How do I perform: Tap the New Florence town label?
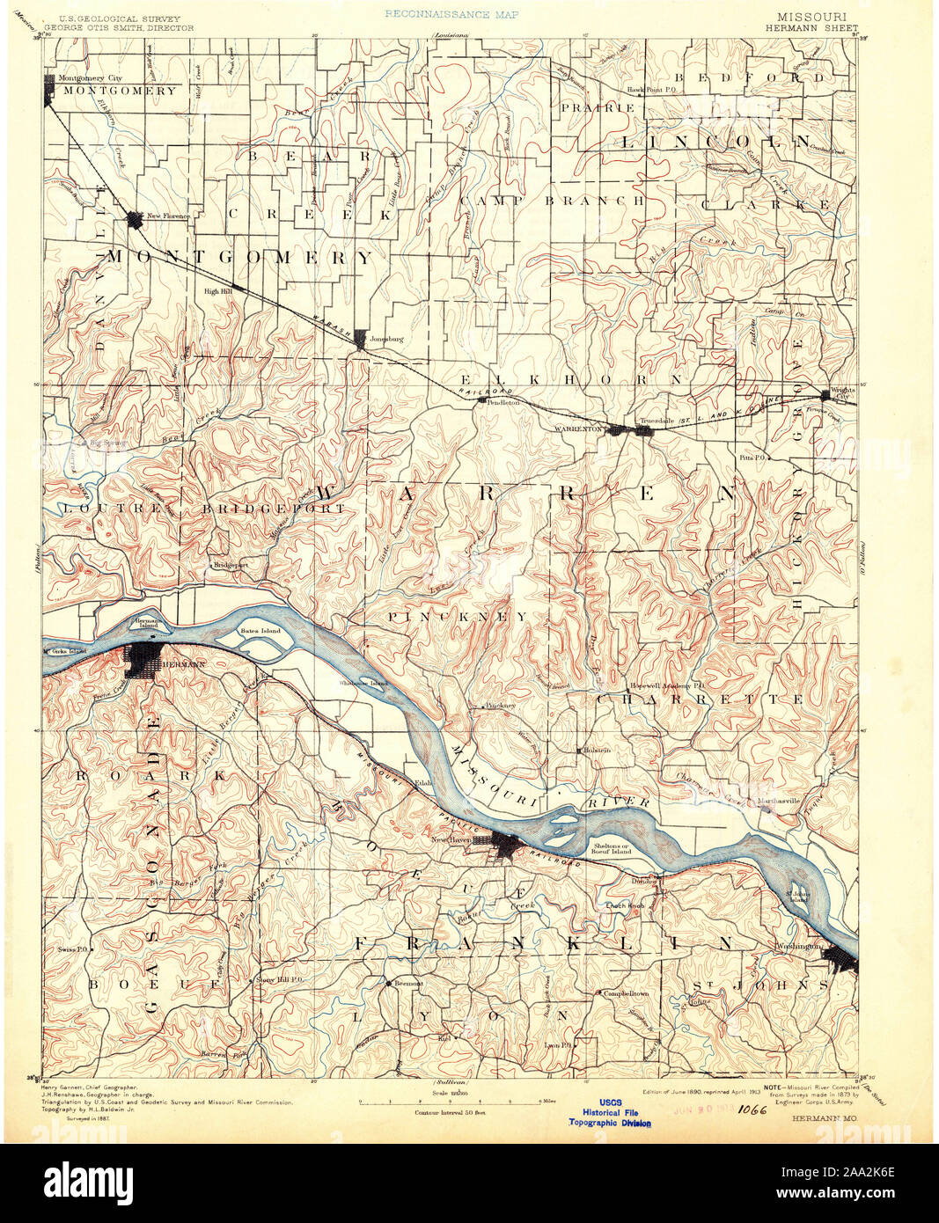point(168,216)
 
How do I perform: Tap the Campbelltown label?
point(626,992)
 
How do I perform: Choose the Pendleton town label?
point(503,401)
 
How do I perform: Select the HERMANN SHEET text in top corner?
point(811,27)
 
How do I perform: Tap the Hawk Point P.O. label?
point(650,88)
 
